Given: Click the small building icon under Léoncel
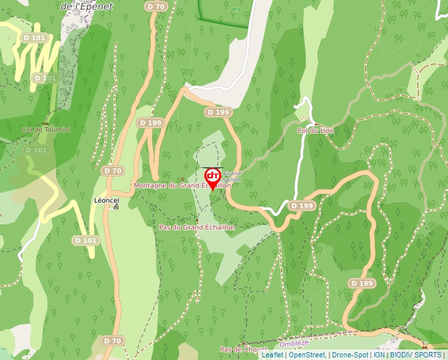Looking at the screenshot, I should coord(116,206).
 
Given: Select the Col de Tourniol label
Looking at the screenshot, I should coord(45,130).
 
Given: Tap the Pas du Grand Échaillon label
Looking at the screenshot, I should coord(197,227).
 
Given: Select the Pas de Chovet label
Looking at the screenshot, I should coord(243,349).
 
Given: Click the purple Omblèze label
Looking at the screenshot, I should coord(294,344).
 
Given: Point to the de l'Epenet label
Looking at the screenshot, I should coord(86,7).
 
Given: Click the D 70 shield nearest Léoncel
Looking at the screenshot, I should coord(113,170).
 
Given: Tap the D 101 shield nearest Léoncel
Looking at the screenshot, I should coord(86,241).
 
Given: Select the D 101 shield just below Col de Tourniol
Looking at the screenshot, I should coord(37,150).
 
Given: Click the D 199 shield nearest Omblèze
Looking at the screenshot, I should coord(362,283).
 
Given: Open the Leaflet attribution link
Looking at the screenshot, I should coord(272,355).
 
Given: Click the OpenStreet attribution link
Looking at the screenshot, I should coord(306,355).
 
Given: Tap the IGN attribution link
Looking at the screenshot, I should coord(379,355).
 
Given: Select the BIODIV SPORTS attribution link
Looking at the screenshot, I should coord(415,355).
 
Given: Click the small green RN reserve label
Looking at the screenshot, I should coord(235,10).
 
